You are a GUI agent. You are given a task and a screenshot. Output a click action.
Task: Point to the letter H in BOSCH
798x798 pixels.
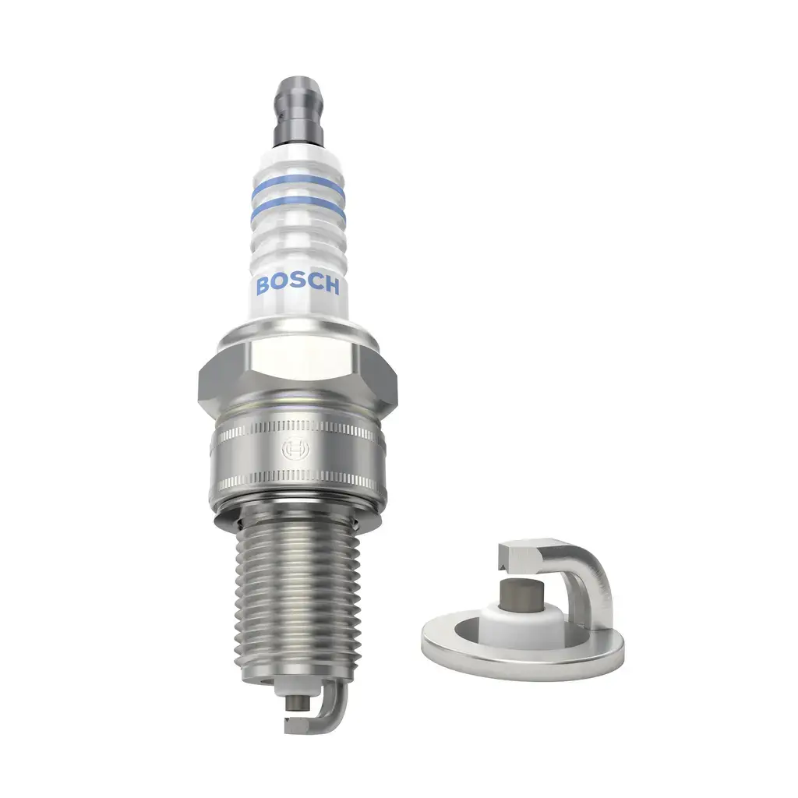pos(331,287)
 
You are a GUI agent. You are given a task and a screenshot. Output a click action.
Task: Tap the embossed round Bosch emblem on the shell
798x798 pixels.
pos(295,450)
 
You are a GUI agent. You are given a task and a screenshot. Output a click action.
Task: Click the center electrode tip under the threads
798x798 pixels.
pos(294,700)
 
